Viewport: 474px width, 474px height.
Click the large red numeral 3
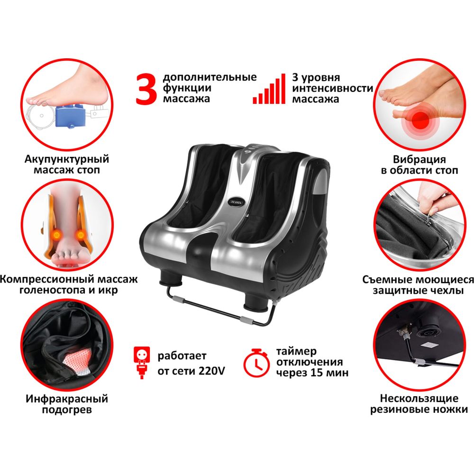(146, 90)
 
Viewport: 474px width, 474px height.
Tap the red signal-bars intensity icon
(269, 89)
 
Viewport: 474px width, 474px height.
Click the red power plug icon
(141, 363)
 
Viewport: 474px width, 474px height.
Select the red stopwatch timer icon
(256, 363)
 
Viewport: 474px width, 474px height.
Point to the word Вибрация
(419, 159)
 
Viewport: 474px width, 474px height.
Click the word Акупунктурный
(66, 159)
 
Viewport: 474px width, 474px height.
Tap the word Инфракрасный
(67, 399)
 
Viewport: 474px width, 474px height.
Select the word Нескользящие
(419, 399)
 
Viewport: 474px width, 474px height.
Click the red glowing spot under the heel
(420, 118)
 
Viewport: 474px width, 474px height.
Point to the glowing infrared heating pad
(77, 360)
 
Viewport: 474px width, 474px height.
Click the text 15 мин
(329, 373)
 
